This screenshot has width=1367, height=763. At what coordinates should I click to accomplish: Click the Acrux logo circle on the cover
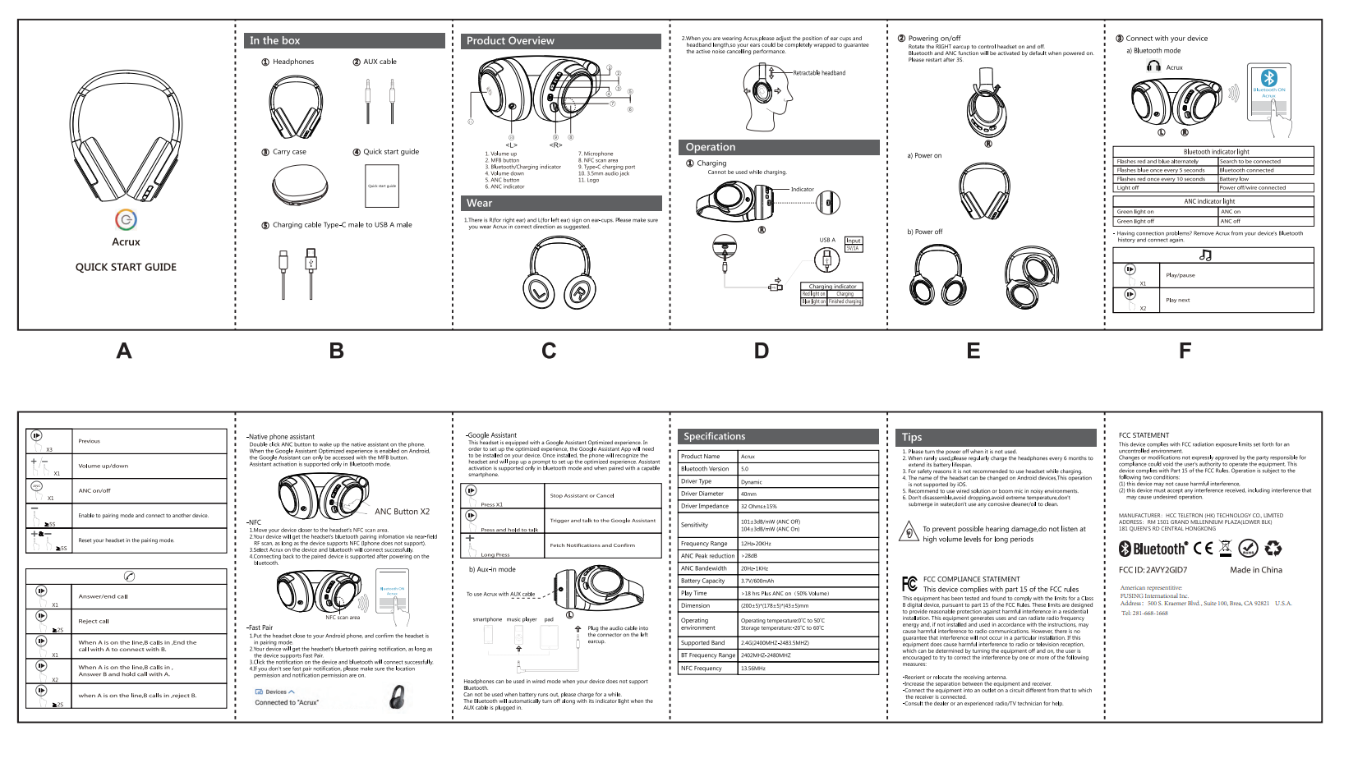click(126, 219)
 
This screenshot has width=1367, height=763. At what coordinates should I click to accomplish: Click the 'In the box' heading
click(275, 41)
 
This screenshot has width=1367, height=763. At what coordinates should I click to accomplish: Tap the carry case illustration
click(299, 186)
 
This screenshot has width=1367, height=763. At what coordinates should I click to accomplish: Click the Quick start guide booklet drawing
click(382, 186)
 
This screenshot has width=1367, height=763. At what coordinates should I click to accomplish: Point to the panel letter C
click(549, 352)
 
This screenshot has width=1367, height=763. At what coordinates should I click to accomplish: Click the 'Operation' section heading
click(711, 148)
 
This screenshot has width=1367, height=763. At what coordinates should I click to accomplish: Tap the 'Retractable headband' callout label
click(819, 73)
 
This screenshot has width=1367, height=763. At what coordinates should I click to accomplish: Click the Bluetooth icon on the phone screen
click(1269, 77)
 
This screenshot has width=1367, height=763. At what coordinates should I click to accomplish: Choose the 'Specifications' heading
click(715, 437)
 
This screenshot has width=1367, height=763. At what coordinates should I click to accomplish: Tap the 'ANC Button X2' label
click(402, 512)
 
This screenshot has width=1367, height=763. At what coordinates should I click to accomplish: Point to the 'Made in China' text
click(1255, 570)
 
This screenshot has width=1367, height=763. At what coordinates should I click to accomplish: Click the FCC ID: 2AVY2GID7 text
click(1153, 570)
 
